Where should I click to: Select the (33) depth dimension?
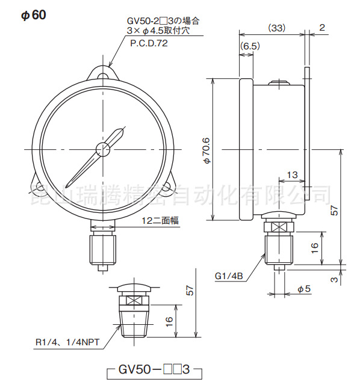click(276, 28)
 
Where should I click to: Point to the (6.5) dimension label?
click(249, 46)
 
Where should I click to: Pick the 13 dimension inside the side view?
click(293, 174)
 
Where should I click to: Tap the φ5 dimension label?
click(304, 289)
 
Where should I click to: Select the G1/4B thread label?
click(229, 277)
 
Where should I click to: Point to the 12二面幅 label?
click(160, 221)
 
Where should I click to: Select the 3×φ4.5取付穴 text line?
click(158, 30)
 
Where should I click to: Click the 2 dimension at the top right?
click(322, 28)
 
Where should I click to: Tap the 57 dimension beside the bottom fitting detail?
click(190, 291)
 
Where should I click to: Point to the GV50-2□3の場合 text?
click(162, 20)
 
